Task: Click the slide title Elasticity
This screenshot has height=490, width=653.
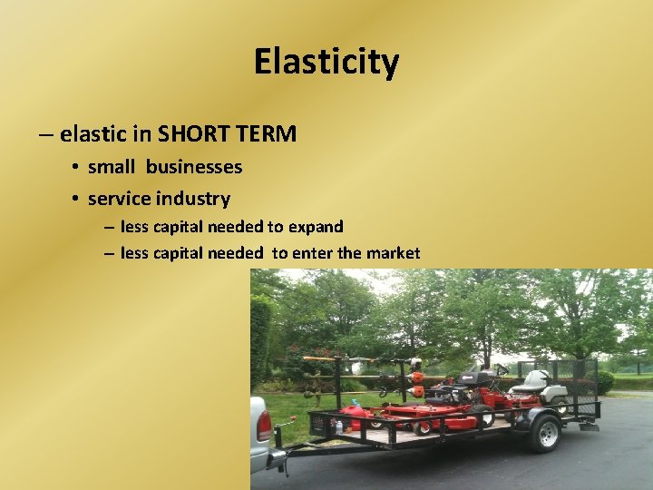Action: [326, 62]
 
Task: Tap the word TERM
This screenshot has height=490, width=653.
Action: [267, 135]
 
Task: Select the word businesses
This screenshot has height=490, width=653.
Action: [194, 167]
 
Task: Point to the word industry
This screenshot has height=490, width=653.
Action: [193, 199]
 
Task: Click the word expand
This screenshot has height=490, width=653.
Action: [316, 227]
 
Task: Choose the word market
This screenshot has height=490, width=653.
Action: [393, 253]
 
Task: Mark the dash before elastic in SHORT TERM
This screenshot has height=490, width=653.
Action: [46, 135]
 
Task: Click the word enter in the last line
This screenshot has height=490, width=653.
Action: [313, 253]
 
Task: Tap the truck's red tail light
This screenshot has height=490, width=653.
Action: [264, 426]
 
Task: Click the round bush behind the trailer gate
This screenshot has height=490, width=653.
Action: [604, 382]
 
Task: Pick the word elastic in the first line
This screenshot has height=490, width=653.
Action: [92, 135]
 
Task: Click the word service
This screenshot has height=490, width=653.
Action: [119, 199]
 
